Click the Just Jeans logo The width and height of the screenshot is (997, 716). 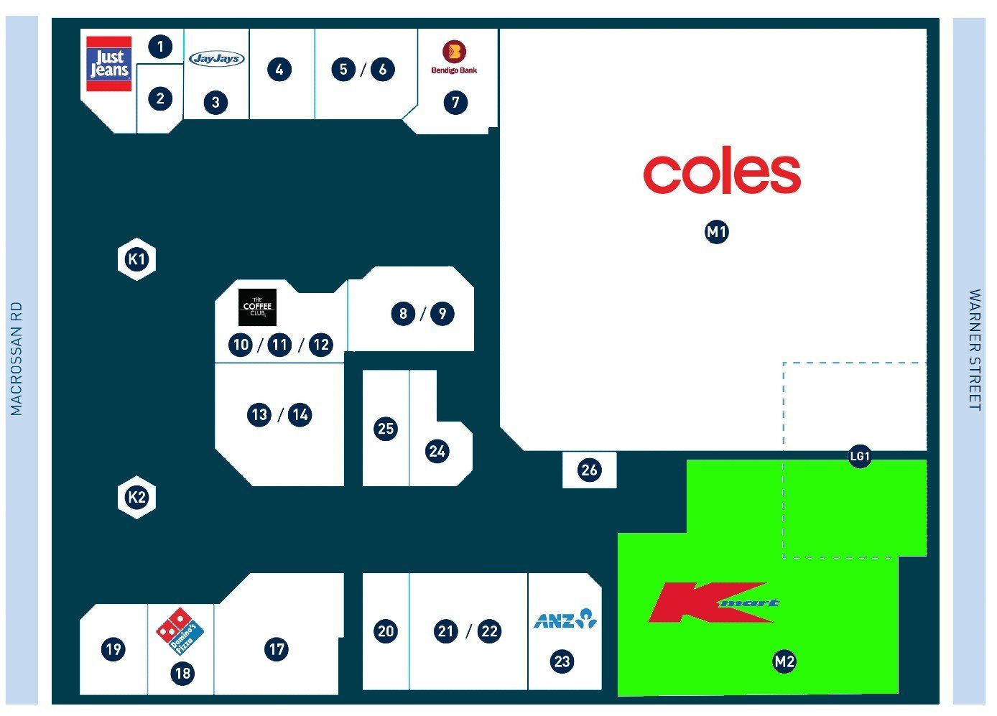click(109, 64)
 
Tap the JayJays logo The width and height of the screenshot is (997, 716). click(217, 58)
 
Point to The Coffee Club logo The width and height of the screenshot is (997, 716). click(257, 307)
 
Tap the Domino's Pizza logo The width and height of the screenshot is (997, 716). click(180, 631)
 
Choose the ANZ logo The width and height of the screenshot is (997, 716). click(565, 618)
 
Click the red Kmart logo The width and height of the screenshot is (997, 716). click(714, 602)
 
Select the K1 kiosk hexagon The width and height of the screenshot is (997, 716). click(136, 259)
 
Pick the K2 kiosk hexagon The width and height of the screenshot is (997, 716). click(136, 497)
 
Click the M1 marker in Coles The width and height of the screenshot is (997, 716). click(717, 232)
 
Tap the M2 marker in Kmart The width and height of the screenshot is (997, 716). click(784, 661)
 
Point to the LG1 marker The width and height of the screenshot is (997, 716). click(860, 456)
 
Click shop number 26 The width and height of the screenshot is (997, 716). click(589, 470)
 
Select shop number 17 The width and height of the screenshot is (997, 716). click(277, 648)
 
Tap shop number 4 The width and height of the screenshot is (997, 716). click(279, 70)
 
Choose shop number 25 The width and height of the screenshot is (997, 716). click(386, 429)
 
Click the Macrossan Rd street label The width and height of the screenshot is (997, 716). click(16, 358)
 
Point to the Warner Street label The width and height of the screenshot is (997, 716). click(975, 350)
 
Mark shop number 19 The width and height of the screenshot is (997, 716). click(113, 648)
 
